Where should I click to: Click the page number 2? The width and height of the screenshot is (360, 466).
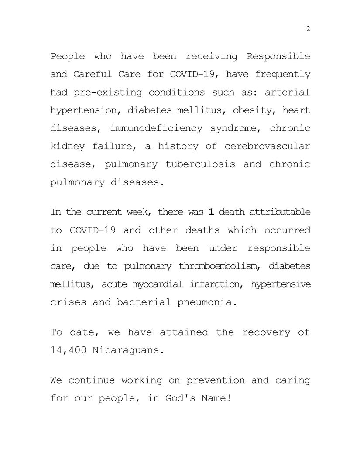click(308, 29)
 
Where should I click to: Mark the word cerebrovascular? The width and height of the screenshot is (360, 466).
click(267, 147)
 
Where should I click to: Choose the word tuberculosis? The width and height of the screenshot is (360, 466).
click(200, 164)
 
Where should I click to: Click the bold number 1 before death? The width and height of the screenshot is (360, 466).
click(211, 212)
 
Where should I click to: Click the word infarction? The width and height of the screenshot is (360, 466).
click(213, 284)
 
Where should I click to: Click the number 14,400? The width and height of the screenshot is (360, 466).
click(69, 350)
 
